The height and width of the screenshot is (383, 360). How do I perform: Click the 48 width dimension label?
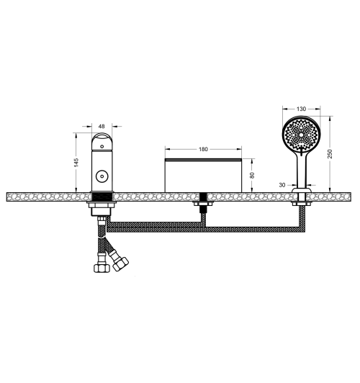102,126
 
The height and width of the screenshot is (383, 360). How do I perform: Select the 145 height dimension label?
76,163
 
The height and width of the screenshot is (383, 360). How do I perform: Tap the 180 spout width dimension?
203,149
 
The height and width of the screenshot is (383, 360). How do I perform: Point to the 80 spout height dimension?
252,175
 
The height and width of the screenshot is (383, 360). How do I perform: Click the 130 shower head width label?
301,109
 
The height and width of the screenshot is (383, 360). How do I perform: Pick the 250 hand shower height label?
330,154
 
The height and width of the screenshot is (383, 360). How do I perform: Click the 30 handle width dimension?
282,185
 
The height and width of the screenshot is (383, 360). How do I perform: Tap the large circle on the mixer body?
102,176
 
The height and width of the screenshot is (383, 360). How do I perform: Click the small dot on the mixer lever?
102,147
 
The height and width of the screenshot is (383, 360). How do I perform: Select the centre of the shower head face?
302,135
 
